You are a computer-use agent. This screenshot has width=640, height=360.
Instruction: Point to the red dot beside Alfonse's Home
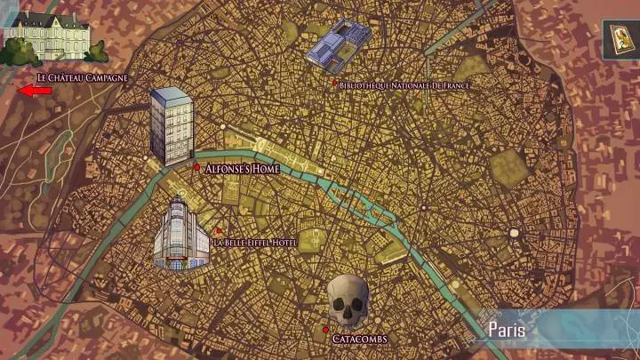(196, 166)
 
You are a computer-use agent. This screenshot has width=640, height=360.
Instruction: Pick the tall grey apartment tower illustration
(172, 125)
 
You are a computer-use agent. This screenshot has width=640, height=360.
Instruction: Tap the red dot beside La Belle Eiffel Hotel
(218, 230)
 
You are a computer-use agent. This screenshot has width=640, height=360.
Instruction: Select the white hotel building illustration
(181, 235)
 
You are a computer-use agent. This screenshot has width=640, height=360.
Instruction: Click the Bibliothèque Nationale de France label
(404, 85)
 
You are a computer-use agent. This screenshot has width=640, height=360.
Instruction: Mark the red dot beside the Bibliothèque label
(334, 84)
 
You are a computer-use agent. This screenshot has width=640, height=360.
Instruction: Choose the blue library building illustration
(338, 44)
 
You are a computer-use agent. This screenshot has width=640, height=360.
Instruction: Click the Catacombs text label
(359, 339)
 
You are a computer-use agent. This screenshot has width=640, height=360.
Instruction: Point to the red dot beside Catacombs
(325, 330)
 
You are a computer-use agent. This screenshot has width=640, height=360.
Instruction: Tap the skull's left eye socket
(340, 301)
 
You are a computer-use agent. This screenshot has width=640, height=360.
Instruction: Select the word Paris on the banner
(508, 329)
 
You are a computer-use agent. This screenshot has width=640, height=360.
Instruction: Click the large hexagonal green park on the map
(508, 165)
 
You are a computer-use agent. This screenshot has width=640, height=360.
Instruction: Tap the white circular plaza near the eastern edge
(514, 233)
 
